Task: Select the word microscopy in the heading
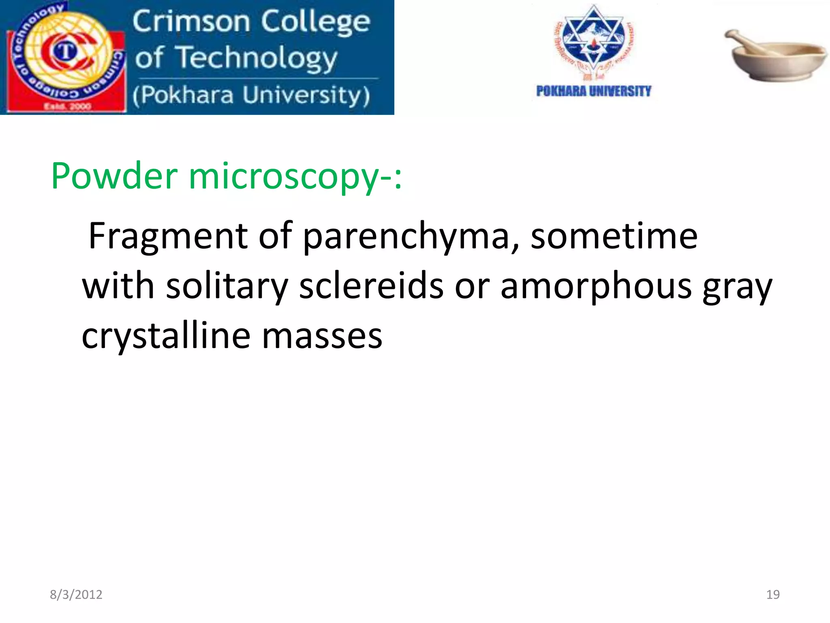pos(284,177)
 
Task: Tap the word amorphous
pos(596,286)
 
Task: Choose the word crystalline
pos(166,336)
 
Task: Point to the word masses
pos(322,337)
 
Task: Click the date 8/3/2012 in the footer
pos(76,595)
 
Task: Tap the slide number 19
pos(773,595)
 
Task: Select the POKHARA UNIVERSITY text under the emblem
pos(593,91)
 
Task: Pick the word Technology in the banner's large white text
pos(258,58)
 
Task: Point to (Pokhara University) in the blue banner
pos(251,95)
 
